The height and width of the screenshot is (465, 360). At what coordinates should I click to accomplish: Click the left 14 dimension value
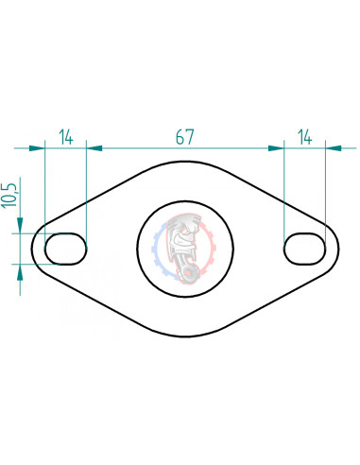pyautogui.click(x=66, y=137)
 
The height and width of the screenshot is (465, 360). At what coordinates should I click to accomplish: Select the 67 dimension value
pyautogui.click(x=185, y=137)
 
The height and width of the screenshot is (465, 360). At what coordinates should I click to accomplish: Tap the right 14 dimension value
pyautogui.click(x=304, y=137)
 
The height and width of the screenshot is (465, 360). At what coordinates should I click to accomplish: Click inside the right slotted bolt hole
pyautogui.click(x=304, y=249)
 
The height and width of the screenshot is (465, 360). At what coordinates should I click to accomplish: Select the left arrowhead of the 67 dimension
pyautogui.click(x=94, y=148)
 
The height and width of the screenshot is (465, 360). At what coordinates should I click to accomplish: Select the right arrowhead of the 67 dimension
pyautogui.click(x=276, y=148)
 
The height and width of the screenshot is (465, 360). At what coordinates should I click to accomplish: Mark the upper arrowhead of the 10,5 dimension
pyautogui.click(x=19, y=226)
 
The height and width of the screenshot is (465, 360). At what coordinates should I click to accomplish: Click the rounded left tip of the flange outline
pyautogui.click(x=33, y=250)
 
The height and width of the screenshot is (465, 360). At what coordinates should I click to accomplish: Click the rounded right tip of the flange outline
pyautogui.click(x=338, y=250)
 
